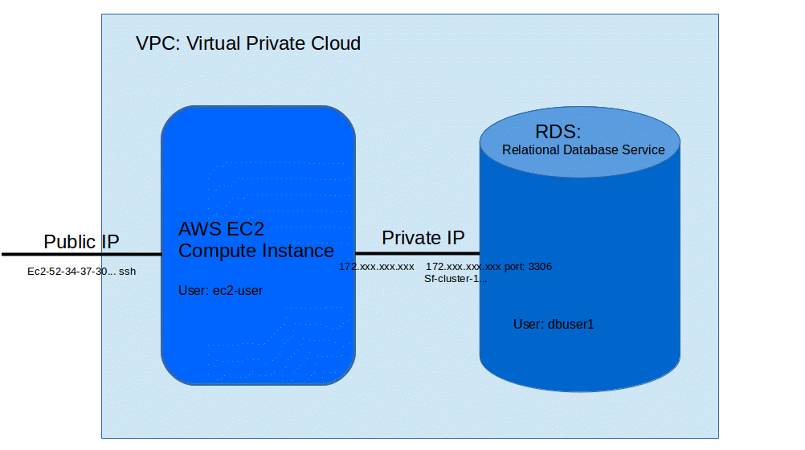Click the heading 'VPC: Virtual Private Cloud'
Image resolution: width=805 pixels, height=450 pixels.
pyautogui.click(x=248, y=43)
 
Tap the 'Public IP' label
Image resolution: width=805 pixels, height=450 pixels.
pyautogui.click(x=81, y=242)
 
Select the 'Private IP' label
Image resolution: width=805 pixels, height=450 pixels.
pyautogui.click(x=423, y=238)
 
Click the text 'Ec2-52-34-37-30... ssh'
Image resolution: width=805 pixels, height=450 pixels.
pyautogui.click(x=81, y=272)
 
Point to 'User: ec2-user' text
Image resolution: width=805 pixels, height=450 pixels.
pyautogui.click(x=220, y=291)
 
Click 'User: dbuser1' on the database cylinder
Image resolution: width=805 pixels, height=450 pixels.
pyautogui.click(x=553, y=325)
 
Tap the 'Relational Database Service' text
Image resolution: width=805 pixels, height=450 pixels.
pyautogui.click(x=583, y=150)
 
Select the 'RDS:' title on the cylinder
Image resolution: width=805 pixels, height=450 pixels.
pyautogui.click(x=558, y=132)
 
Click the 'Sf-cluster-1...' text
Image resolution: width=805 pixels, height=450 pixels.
pyautogui.click(x=456, y=279)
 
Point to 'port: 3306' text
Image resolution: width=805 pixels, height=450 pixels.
pyautogui.click(x=527, y=266)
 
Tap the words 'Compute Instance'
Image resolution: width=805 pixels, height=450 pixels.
pyautogui.click(x=255, y=251)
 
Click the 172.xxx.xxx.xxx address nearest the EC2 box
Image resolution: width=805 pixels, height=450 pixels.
pyautogui.click(x=376, y=266)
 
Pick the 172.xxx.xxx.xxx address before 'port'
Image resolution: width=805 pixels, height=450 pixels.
pyautogui.click(x=464, y=266)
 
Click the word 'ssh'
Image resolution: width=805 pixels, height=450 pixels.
pyautogui.click(x=127, y=272)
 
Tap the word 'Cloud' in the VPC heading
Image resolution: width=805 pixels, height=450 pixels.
pyautogui.click(x=335, y=43)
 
